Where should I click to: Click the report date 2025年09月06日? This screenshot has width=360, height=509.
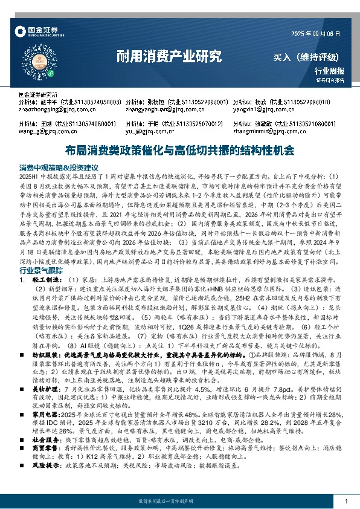tap(316, 34)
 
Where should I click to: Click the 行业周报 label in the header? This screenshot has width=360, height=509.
tap(330, 71)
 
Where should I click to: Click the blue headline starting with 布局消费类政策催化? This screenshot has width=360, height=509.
tap(179, 149)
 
